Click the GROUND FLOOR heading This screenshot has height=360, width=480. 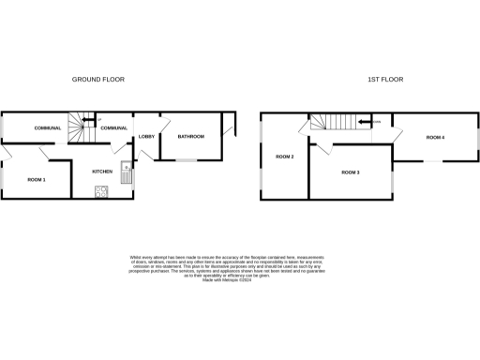(98, 80)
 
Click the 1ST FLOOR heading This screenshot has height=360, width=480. (384, 80)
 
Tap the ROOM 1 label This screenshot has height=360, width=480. (36, 178)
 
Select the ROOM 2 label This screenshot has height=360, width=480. (285, 157)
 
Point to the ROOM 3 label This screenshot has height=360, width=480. (351, 172)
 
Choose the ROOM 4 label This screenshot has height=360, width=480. (435, 138)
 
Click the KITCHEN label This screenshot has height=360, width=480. (102, 172)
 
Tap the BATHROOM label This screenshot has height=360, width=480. (190, 137)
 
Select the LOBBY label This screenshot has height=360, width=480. (146, 137)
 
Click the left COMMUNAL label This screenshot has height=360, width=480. (48, 127)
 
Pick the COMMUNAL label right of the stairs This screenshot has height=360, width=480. (113, 127)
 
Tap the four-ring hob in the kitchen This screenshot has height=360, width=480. (100, 192)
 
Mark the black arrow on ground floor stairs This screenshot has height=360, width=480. (91, 118)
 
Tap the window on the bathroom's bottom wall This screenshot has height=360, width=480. (187, 160)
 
